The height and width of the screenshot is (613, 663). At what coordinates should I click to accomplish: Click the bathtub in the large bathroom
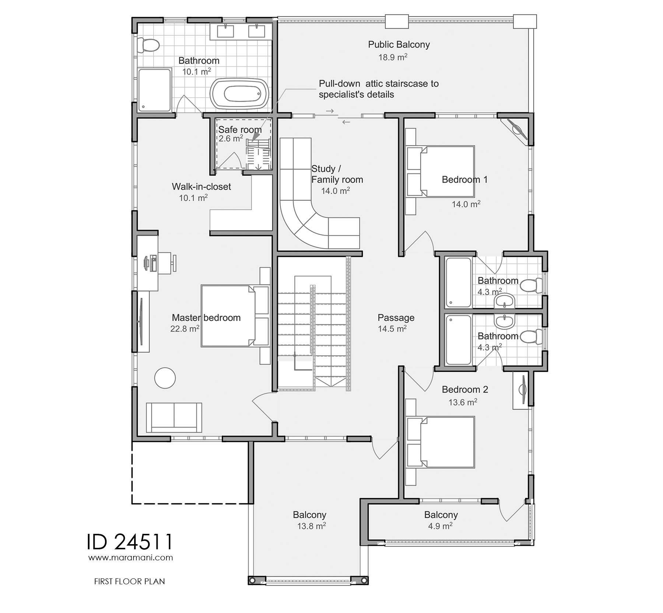click(239, 94)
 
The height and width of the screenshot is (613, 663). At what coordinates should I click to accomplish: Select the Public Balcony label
click(399, 45)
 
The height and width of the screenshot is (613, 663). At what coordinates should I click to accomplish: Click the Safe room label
click(240, 130)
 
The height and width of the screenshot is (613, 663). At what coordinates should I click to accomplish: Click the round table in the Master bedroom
click(165, 378)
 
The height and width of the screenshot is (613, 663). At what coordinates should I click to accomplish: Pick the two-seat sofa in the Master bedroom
click(174, 418)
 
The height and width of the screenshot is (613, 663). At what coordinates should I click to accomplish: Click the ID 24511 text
click(130, 542)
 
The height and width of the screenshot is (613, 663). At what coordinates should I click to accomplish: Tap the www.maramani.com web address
click(130, 557)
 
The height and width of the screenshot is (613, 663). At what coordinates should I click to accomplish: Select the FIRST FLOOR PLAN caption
click(130, 581)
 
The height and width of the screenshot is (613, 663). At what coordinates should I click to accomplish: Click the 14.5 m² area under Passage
click(392, 328)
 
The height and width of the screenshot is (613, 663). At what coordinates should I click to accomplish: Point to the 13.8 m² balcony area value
click(312, 526)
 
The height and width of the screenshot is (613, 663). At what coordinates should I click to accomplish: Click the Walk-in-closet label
click(201, 187)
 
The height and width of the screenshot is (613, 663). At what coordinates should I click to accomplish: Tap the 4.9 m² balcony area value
click(441, 526)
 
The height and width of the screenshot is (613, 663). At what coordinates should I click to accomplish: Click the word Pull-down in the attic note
click(340, 84)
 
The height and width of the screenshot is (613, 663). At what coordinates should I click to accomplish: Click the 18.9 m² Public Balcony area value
click(393, 57)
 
